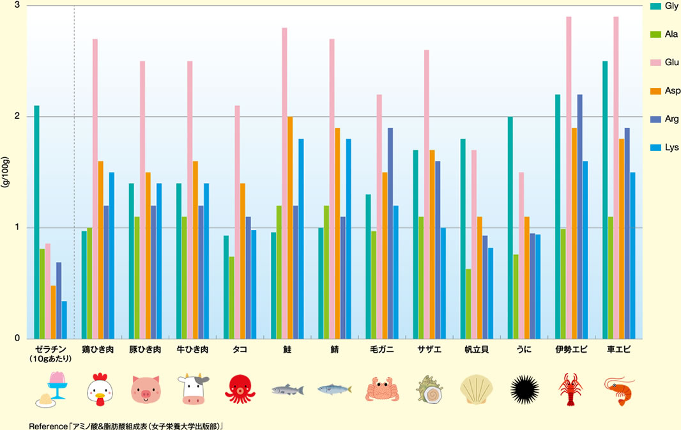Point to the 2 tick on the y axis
(17, 117)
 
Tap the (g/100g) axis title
(6, 172)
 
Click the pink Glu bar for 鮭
(285, 183)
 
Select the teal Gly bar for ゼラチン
(36, 222)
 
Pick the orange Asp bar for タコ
(243, 261)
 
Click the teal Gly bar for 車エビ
(605, 200)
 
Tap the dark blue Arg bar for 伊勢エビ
(580, 217)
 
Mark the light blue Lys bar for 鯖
(349, 238)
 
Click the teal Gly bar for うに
(510, 227)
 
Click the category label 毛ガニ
(381, 349)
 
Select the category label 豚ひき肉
(145, 349)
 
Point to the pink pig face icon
(146, 389)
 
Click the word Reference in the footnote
(50, 424)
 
